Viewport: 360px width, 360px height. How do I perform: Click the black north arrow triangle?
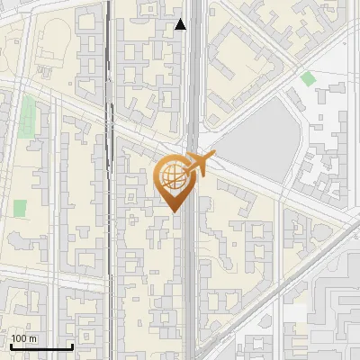tap(181, 24)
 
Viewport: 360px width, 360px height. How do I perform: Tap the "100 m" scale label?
tap(23, 338)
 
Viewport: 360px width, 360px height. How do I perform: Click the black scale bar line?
tap(41, 346)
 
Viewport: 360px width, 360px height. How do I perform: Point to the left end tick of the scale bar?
tap(11, 345)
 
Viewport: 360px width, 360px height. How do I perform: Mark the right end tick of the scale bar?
tap(72, 345)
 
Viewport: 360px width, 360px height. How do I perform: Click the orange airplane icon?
tap(200, 165)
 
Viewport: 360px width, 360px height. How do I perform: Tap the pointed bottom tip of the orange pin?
tap(175, 211)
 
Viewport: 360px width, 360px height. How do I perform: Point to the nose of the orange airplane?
tap(212, 157)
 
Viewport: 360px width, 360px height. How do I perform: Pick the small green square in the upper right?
tap(308, 78)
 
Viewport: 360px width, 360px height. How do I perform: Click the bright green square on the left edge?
tap(20, 208)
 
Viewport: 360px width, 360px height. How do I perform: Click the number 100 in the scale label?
tap(20, 338)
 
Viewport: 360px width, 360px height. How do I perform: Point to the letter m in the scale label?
tap(32, 339)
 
